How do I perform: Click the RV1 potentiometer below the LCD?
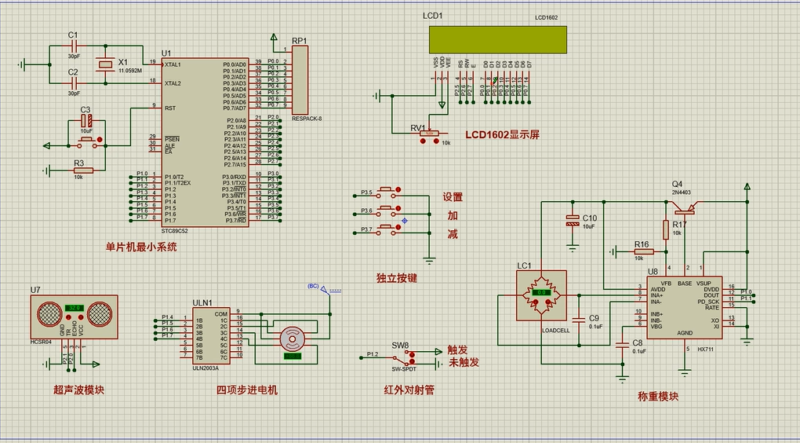(x=429, y=134)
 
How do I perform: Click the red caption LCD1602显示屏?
(x=502, y=135)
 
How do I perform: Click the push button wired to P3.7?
(x=387, y=229)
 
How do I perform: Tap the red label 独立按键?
(x=396, y=278)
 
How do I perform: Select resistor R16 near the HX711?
(x=642, y=252)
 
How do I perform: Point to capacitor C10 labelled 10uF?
(x=572, y=220)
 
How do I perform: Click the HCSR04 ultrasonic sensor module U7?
(x=73, y=315)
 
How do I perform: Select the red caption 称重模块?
(x=658, y=397)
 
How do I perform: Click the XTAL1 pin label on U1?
(x=173, y=64)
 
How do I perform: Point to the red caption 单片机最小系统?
(x=141, y=247)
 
